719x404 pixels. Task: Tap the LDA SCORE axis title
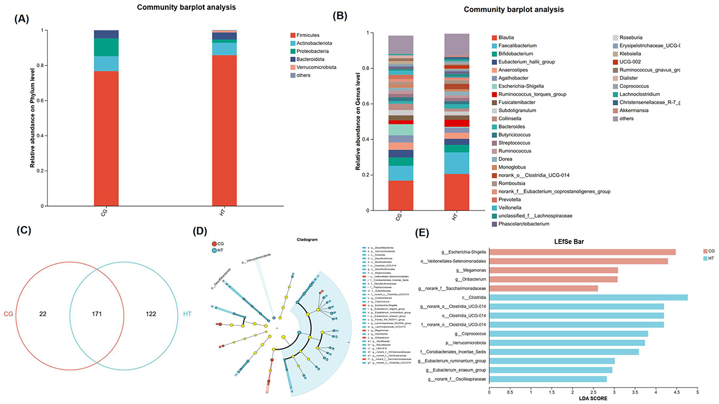click(593, 399)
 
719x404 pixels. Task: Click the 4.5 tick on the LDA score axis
click(676, 390)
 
